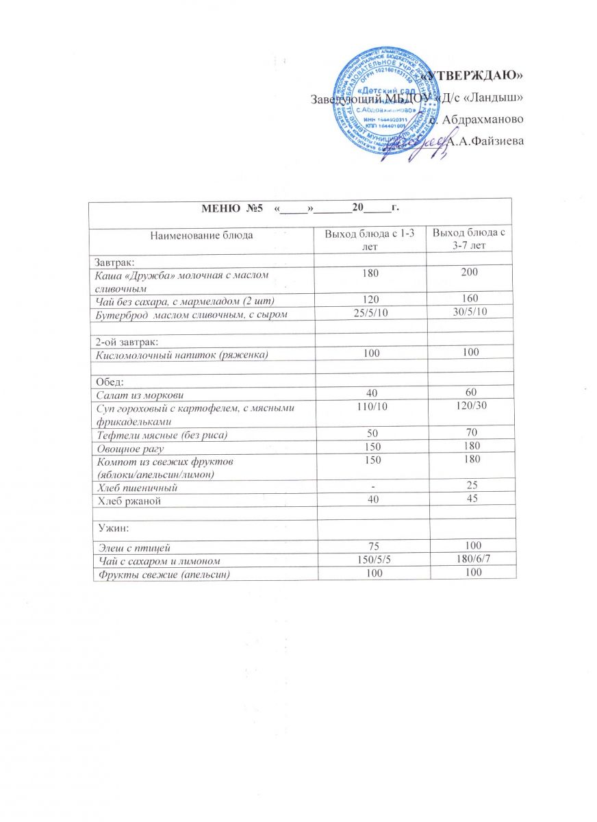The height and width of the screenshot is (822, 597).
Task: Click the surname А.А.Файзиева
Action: tap(482, 141)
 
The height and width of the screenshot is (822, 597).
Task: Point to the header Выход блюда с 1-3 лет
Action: tap(369, 240)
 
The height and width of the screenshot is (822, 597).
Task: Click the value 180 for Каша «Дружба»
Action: tap(369, 273)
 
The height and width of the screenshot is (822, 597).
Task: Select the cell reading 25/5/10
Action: tap(369, 313)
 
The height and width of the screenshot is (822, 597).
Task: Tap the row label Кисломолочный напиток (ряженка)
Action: tap(181, 353)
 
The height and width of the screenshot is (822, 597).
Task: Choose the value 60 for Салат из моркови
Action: tap(469, 394)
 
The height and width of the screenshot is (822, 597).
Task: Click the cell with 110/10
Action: tap(369, 407)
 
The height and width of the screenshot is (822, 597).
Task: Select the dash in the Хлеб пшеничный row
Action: tap(369, 487)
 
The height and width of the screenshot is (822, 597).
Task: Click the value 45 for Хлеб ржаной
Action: tap(469, 500)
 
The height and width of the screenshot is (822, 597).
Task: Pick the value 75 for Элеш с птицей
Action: tap(369, 547)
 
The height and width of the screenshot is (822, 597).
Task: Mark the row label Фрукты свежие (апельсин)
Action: tap(170, 573)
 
